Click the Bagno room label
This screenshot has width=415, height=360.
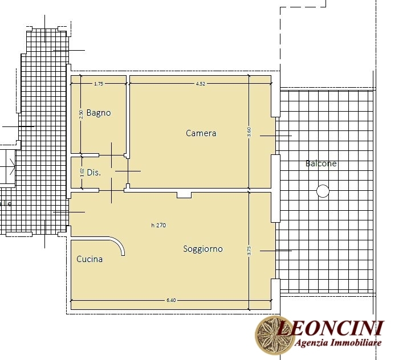[99, 113]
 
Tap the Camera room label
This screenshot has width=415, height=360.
[201, 133]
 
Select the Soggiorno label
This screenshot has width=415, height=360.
[203, 249]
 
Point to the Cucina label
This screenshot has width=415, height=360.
[89, 259]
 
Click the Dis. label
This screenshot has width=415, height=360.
[93, 173]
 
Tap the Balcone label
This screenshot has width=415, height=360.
[321, 163]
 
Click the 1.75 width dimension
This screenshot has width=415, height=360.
[99, 84]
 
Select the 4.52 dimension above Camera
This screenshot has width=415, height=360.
[200, 84]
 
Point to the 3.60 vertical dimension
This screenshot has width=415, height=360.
[249, 132]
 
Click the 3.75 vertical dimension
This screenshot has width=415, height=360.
[249, 251]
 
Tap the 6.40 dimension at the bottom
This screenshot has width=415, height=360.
[171, 300]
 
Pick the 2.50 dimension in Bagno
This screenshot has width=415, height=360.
[81, 114]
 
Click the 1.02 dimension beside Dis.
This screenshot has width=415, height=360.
[82, 173]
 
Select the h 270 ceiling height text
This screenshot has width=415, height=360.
[158, 226]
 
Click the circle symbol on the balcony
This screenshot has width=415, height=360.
[323, 191]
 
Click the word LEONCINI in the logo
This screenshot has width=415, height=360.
[330, 328]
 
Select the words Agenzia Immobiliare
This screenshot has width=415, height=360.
[338, 343]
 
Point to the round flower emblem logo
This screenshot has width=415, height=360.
[271, 335]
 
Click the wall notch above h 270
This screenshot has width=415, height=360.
[184, 195]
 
